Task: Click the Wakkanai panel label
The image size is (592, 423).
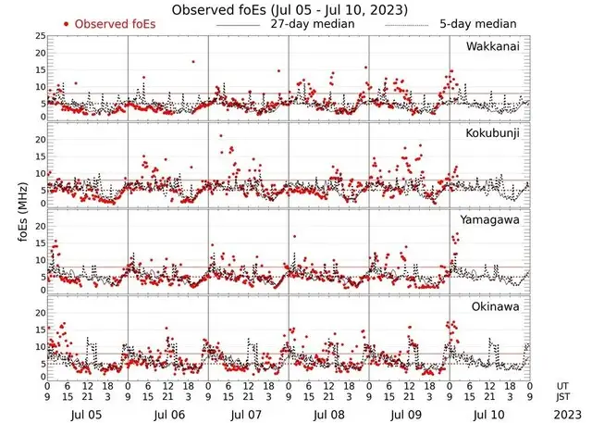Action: point(492,46)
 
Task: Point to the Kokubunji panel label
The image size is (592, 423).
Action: point(493,133)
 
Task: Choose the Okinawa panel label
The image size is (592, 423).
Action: point(496,305)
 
